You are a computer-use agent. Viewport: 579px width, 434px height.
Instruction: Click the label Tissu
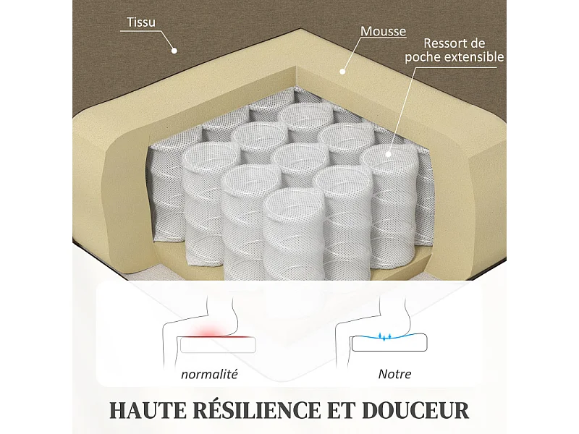pos(141,22)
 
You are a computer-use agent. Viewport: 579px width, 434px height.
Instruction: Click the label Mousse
pos(383,32)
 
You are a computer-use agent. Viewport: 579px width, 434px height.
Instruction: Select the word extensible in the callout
pos(474,57)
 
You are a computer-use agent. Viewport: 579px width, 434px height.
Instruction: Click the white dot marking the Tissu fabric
pos(174,50)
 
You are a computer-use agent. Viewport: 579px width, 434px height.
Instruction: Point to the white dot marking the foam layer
pos(342,71)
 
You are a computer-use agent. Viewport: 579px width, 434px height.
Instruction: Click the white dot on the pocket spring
pos(389,153)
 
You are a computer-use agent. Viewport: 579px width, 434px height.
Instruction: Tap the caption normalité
pos(210,374)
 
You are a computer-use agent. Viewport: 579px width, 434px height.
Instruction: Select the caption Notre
pos(394,374)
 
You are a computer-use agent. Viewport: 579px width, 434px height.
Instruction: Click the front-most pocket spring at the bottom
pos(292,239)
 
